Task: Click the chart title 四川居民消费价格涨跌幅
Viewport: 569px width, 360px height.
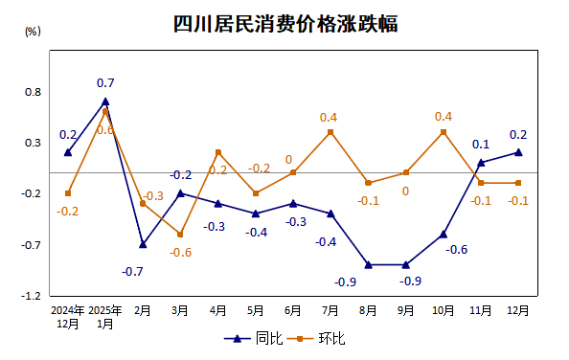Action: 284,24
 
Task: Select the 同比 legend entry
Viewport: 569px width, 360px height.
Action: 257,339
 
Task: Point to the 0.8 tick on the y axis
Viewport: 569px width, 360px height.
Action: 34,92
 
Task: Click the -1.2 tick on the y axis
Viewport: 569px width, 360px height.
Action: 32,296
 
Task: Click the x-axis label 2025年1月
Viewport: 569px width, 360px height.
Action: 104,317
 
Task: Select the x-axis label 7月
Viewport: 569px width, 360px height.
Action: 330,310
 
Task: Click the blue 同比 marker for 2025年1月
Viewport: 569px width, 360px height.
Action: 105,101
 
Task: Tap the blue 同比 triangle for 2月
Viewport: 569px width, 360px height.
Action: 143,244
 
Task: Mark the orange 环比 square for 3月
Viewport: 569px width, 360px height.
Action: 180,235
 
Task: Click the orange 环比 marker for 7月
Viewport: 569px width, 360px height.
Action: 330,132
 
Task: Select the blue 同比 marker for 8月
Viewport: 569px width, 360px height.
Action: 368,264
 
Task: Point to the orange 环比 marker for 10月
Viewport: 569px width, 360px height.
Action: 444,132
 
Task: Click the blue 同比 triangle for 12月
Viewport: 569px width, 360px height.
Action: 518,152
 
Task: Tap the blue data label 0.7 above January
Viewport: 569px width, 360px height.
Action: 105,83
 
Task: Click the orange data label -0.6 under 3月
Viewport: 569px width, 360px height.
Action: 181,253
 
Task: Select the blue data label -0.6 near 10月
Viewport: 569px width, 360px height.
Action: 457,250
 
